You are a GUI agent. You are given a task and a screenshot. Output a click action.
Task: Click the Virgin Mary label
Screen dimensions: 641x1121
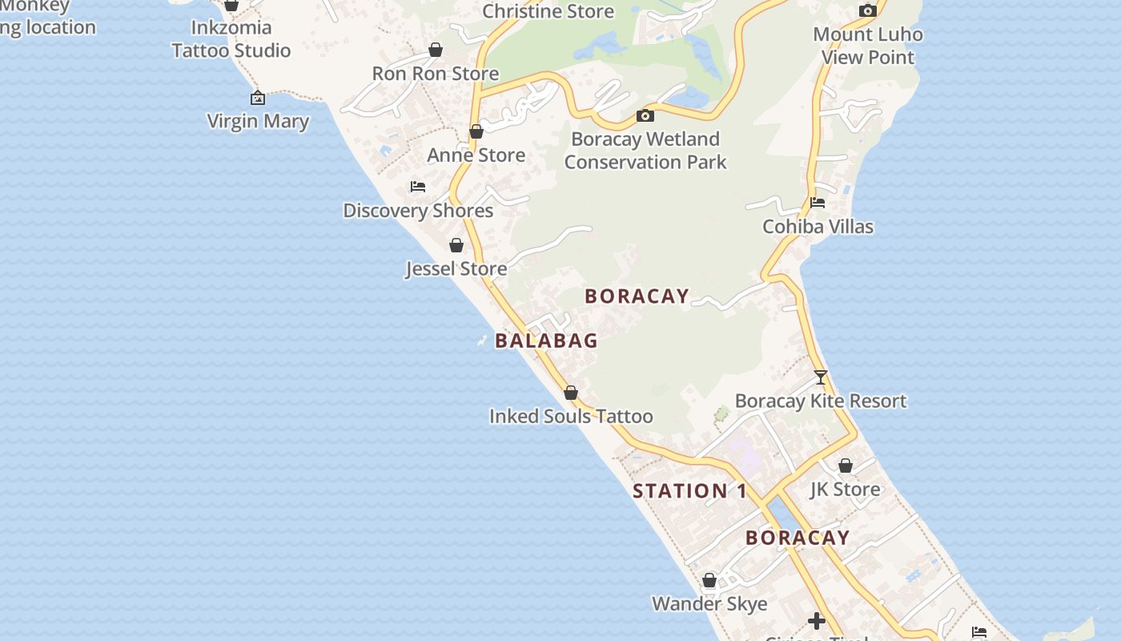point(258,122)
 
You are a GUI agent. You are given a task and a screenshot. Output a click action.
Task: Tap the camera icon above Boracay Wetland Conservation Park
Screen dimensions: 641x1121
point(645,116)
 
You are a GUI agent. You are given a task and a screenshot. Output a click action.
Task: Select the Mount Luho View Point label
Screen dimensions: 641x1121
point(868,46)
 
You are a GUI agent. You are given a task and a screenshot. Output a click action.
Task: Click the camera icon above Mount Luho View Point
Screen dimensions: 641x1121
point(867,11)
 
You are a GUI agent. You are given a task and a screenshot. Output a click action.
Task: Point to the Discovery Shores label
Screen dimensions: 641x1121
point(418,211)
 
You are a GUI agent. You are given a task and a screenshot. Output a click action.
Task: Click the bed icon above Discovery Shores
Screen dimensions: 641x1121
point(418,187)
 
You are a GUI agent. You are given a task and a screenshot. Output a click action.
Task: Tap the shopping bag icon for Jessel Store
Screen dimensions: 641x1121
point(456,245)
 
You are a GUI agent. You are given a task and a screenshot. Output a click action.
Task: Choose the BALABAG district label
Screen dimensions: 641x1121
point(546,341)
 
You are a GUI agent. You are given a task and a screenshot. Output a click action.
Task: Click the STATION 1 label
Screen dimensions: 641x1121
point(689,491)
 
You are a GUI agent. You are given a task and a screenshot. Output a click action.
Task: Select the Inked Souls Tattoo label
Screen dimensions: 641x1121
point(571,417)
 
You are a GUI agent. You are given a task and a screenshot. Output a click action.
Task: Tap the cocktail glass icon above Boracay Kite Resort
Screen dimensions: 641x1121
point(820,377)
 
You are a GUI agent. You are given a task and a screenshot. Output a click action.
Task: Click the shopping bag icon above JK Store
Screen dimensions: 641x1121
point(846,466)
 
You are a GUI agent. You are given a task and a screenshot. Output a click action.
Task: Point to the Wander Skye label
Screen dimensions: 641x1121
point(709,604)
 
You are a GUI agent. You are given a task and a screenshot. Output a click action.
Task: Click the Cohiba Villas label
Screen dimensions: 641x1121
point(818,227)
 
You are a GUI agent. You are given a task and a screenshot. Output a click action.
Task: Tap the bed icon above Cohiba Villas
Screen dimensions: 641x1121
point(818,203)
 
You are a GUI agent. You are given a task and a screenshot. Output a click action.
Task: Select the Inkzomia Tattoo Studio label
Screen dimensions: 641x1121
point(231,39)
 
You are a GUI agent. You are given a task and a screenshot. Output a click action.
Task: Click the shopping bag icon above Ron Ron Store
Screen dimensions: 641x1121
point(436,50)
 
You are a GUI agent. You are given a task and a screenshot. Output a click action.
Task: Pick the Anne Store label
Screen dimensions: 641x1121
point(476,155)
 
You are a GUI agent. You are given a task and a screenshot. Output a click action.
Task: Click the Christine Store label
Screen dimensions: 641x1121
point(548,12)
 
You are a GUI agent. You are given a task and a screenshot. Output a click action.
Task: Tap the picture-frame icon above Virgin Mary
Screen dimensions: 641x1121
point(258,99)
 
